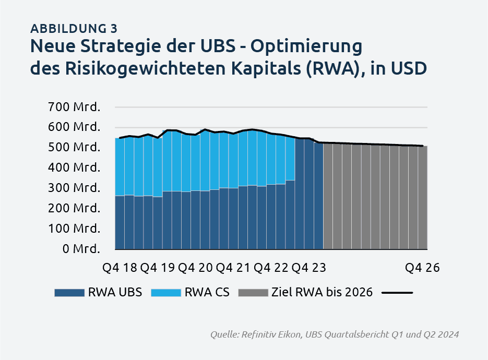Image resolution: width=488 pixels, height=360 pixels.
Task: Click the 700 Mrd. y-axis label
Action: point(74,107)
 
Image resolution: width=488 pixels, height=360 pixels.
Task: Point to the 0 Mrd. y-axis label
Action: point(81,248)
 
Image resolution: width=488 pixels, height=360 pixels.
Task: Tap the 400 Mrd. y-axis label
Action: point(74,167)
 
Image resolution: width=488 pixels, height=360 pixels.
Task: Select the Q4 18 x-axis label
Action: point(120,268)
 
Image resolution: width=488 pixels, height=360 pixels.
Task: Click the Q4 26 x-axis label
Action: point(422,268)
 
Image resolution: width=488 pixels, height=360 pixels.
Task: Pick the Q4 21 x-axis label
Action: point(233,268)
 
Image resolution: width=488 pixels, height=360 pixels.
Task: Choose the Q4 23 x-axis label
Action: point(309,268)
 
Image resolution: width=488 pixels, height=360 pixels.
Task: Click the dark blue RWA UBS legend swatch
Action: point(69,293)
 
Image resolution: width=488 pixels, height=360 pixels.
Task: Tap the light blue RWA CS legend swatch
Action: point(166,293)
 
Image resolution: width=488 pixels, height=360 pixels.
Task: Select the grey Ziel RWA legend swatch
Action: point(253,293)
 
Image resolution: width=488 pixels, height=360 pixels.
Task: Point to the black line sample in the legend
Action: point(397,293)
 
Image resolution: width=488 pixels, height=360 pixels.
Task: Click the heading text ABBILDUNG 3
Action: point(74,29)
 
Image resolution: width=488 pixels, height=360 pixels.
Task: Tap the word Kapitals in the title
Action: point(266,69)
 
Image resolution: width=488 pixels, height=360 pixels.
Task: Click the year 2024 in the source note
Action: point(448,334)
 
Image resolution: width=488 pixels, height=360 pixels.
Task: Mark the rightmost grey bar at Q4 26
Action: point(423,198)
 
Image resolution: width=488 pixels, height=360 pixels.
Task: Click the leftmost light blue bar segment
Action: point(120,167)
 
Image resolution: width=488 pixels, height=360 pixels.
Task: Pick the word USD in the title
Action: point(409,69)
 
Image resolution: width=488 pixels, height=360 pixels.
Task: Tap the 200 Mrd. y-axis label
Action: point(74,208)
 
